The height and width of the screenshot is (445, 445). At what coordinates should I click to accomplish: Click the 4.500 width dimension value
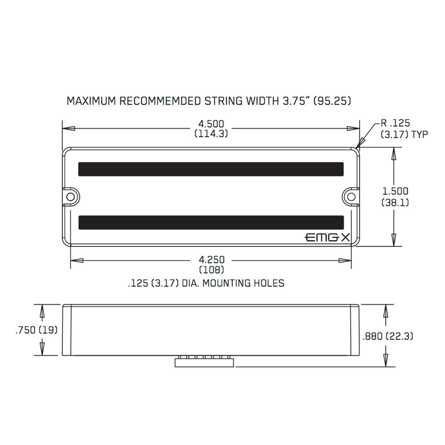click(x=211, y=124)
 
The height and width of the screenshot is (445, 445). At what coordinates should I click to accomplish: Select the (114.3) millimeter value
click(x=211, y=134)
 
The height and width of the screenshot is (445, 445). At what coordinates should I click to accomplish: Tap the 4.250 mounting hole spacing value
click(x=212, y=260)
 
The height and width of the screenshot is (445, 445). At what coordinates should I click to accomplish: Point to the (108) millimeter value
click(x=212, y=270)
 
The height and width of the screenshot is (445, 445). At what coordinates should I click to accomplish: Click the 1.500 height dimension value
click(x=395, y=191)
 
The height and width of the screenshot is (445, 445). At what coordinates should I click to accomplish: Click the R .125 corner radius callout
click(x=395, y=123)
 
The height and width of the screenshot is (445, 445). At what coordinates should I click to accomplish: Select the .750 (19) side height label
click(x=36, y=330)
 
